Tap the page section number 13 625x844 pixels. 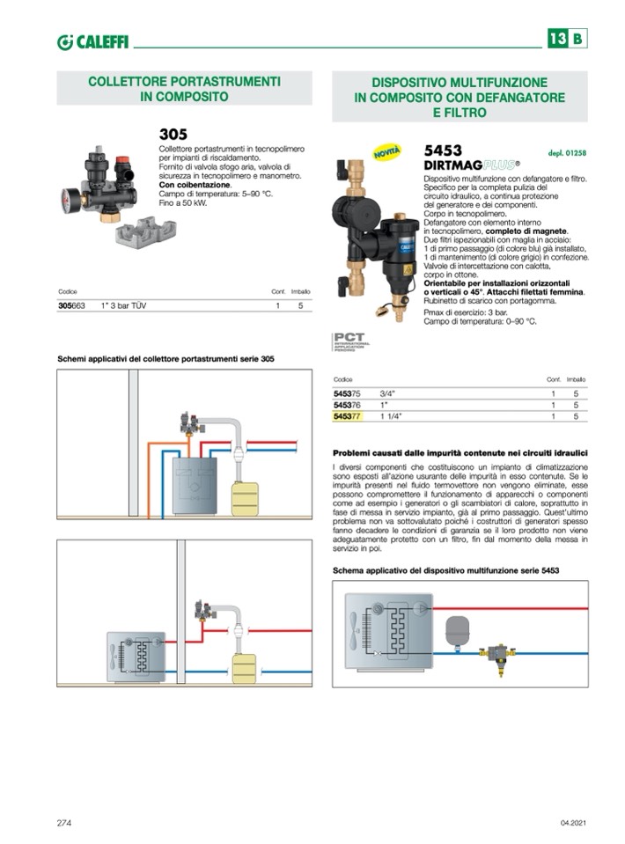pos(556,39)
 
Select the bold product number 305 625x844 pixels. pos(173,135)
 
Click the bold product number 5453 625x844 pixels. pos(443,150)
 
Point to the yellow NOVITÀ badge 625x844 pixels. pos(387,152)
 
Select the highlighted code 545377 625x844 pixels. pos(348,415)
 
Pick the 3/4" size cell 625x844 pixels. pos(387,393)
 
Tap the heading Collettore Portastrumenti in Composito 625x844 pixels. pos(184,88)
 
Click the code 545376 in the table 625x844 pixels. pos(348,404)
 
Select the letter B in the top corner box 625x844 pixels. pos(577,39)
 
